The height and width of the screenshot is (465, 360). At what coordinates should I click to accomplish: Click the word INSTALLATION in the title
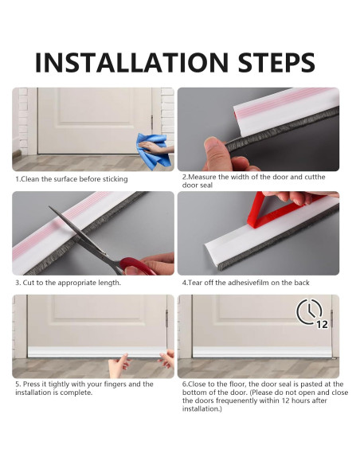coord(131,62)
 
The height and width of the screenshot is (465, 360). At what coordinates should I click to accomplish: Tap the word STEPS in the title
coord(276,62)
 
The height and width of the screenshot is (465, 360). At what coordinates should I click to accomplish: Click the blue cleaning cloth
coord(153,151)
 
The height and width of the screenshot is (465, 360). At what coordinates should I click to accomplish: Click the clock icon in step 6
coord(309,311)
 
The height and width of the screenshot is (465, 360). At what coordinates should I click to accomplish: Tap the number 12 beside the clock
coord(322,324)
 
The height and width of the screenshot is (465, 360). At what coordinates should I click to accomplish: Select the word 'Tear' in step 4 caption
coord(195,283)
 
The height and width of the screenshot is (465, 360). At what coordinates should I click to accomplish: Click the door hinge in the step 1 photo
coord(152,123)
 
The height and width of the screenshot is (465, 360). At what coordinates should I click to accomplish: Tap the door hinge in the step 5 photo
coord(166,318)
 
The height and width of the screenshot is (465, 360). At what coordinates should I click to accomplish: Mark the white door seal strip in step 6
coord(263,352)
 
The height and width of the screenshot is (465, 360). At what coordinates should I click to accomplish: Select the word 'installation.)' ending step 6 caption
coord(202,409)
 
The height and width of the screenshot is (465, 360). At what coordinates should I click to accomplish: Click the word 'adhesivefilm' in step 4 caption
coord(248,283)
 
